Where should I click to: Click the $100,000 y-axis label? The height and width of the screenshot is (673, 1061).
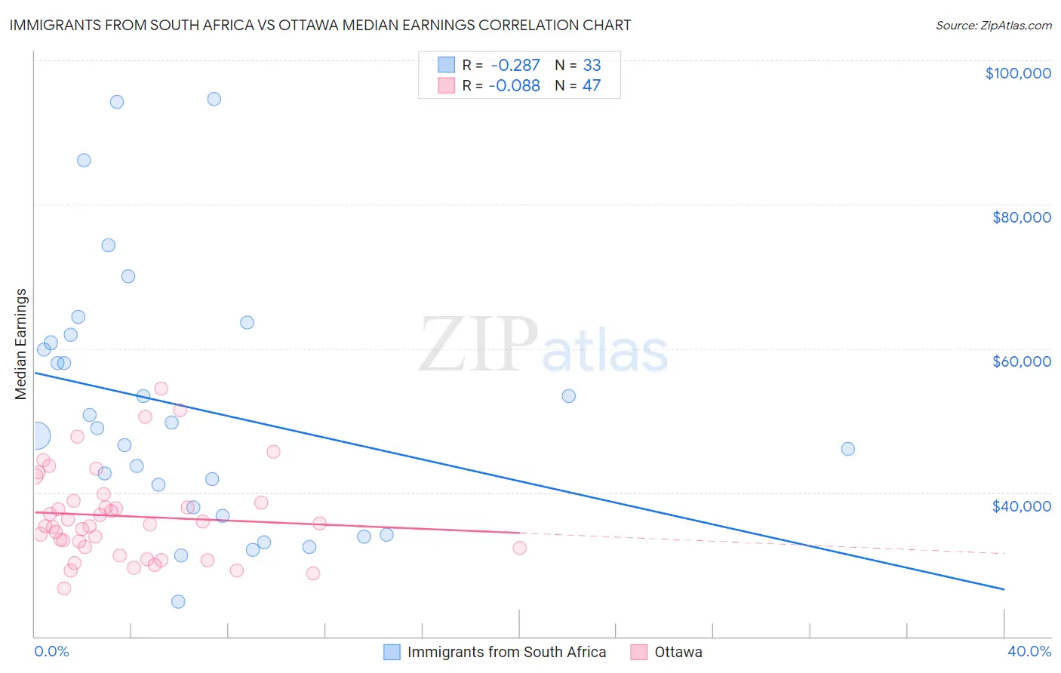(1018, 73)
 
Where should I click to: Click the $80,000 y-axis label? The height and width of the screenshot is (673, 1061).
(1021, 217)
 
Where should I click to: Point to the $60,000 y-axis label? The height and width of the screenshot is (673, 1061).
(1021, 361)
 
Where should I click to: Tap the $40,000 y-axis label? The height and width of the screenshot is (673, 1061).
(1021, 506)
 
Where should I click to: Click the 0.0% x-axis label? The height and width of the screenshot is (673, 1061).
(51, 651)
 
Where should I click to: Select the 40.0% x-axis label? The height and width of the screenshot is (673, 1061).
(1029, 651)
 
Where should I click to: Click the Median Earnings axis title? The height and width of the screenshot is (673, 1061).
(21, 343)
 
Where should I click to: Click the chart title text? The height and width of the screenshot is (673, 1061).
(320, 25)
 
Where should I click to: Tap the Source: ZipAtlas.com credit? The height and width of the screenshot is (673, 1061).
(993, 25)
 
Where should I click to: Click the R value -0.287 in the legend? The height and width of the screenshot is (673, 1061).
(515, 66)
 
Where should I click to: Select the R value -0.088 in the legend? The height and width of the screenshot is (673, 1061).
(515, 86)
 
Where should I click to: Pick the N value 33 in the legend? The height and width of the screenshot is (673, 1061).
(592, 66)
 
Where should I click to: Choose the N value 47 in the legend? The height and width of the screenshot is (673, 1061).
(592, 86)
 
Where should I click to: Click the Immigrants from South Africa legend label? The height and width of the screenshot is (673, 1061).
(506, 652)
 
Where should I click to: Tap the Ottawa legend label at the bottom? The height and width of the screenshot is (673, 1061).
(678, 652)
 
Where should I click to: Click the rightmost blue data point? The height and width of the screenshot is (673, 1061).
(847, 449)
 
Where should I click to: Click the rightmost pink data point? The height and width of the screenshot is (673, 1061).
(519, 548)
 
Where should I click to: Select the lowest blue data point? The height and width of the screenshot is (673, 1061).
(178, 601)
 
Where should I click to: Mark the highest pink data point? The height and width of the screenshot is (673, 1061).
(161, 389)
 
